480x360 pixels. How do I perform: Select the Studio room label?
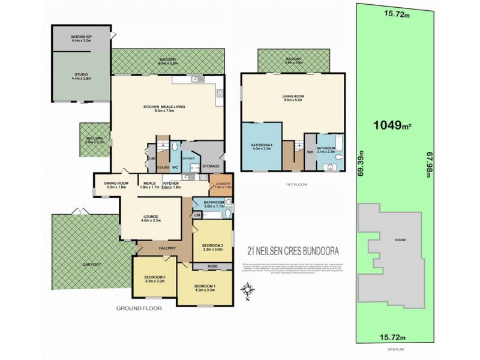click(80, 76)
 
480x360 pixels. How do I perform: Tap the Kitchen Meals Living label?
click(164, 108)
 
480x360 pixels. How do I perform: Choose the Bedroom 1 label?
click(204, 287)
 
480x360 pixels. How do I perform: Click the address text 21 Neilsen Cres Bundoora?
click(289, 253)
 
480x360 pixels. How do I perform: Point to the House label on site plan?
click(400, 240)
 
